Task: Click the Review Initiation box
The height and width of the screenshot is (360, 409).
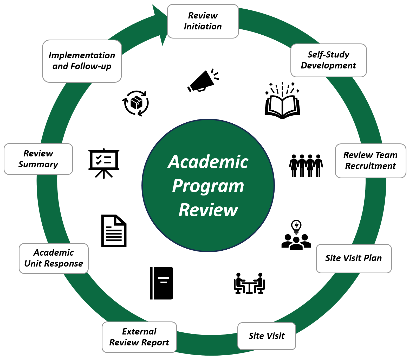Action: point(203,21)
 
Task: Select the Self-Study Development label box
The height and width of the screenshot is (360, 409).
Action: point(328,60)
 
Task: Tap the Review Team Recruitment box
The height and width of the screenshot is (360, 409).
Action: point(370,161)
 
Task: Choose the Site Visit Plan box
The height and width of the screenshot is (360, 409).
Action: point(354,258)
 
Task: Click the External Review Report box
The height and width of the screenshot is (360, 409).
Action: point(139,337)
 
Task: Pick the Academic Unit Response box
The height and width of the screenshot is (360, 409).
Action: point(54,258)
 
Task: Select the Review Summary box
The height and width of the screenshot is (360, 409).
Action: point(38,159)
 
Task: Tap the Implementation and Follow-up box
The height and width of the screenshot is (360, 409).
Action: point(82,61)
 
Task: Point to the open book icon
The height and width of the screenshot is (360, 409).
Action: point(282,104)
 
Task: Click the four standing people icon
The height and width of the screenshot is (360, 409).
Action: point(306,166)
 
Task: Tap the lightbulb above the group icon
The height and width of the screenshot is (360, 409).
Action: point(296,226)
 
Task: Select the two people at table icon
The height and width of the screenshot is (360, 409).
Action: point(249,283)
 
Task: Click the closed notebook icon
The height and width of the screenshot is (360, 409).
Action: point(161,283)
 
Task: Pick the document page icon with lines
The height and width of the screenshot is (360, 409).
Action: point(114,231)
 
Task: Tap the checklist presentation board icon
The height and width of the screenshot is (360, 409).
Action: point(104,163)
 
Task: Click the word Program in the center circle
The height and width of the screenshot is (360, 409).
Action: point(208,186)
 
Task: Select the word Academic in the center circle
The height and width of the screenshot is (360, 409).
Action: point(208,162)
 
